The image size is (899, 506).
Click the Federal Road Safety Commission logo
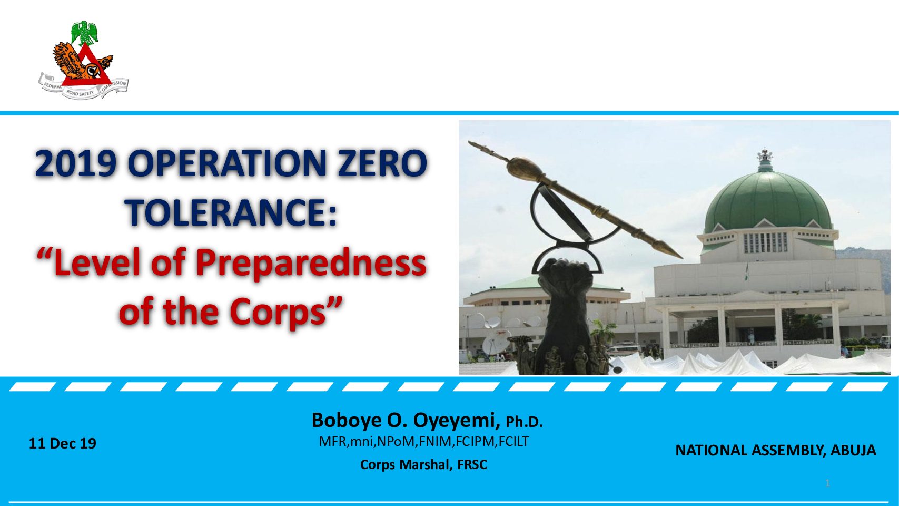click(83, 60)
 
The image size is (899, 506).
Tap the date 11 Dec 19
click(63, 443)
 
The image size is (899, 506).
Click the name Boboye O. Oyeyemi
click(406, 421)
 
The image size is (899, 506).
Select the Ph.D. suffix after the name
click(524, 422)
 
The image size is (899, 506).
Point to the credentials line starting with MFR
click(424, 441)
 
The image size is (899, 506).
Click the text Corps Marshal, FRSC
click(424, 465)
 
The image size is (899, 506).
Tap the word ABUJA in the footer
click(853, 451)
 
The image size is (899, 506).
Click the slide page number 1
click(827, 483)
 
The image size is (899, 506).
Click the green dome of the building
click(768, 202)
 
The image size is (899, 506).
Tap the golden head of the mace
click(523, 168)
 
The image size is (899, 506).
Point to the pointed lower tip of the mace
click(681, 257)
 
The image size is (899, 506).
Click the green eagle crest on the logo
click(85, 32)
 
